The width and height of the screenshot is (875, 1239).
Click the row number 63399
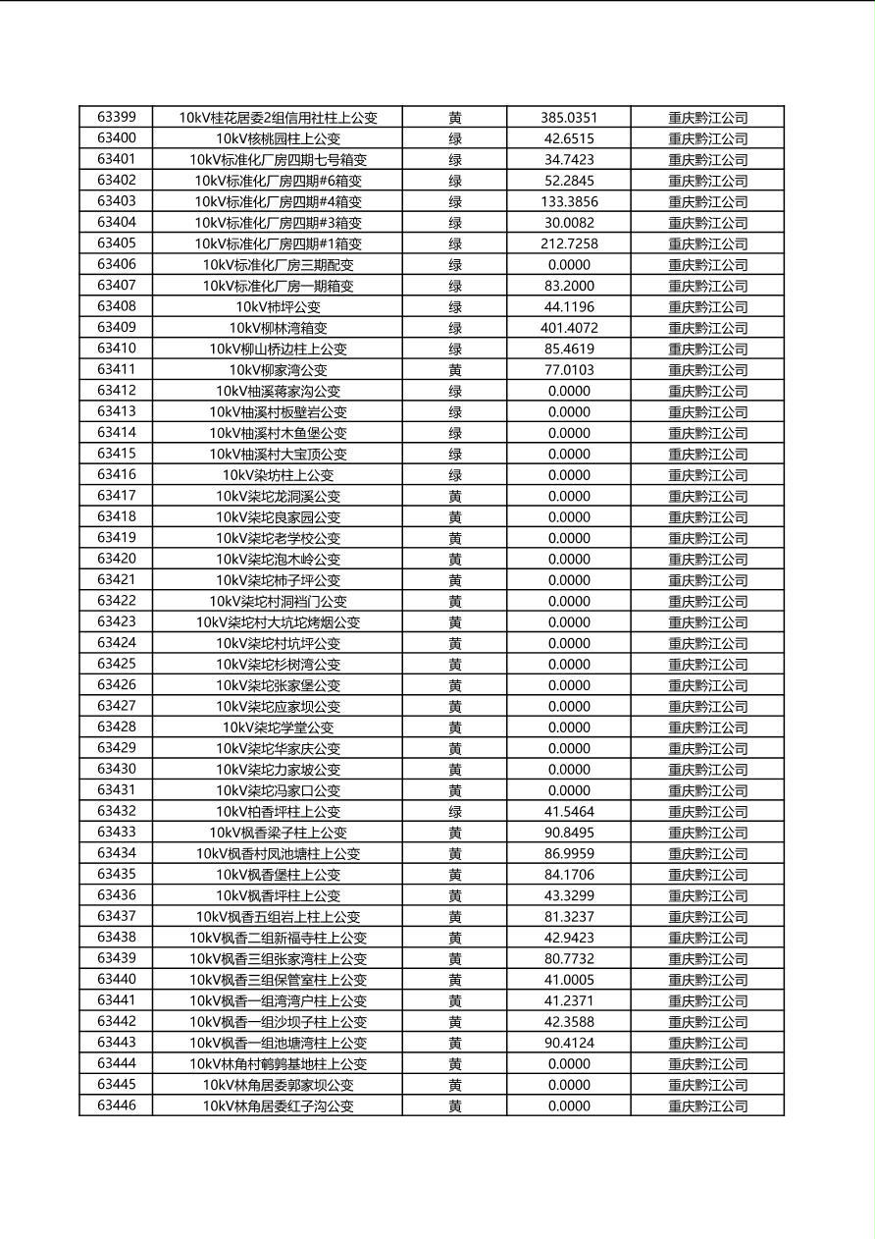pos(116,117)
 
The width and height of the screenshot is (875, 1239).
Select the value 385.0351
pos(569,117)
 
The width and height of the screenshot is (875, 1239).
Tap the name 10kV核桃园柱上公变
pos(278,138)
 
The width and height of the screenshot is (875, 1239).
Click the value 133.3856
pos(569,201)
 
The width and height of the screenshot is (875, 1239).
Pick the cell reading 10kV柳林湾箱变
pos(278,328)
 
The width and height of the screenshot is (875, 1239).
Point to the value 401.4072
pos(569,328)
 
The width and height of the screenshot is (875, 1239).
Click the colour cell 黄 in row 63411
pos(455,370)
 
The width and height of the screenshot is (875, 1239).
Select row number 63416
pos(116,475)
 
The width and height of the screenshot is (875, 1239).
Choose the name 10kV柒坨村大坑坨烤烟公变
pos(278,622)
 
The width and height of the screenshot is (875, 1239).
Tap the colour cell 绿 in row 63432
pos(455,812)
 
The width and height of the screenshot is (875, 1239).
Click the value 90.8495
pos(569,833)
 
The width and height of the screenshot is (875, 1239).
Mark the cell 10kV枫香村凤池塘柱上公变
pos(278,854)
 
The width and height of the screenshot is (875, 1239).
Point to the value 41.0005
pos(569,980)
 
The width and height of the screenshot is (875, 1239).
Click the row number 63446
pos(116,1106)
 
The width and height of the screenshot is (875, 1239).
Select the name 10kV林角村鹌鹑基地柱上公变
pos(278,1064)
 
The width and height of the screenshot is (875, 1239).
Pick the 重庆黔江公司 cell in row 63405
pos(707,243)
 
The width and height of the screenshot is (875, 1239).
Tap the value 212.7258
pos(569,243)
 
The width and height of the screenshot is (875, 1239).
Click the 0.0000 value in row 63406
pos(569,265)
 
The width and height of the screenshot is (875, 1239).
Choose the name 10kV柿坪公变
pos(278,306)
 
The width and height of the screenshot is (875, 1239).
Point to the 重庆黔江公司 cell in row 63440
pos(707,980)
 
